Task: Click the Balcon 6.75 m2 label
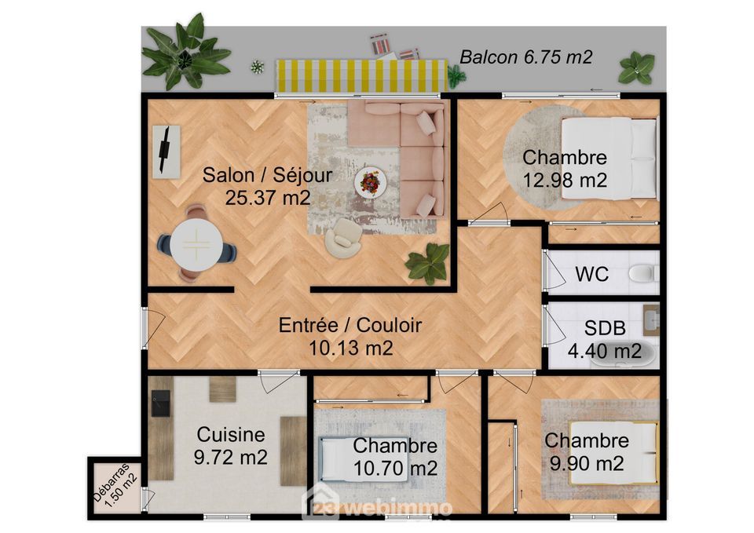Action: [525, 57]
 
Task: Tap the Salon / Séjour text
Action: [267, 175]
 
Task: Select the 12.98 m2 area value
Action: [565, 181]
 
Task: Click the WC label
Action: [592, 274]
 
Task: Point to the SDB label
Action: [605, 328]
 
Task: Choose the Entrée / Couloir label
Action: [350, 326]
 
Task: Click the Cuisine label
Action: [231, 434]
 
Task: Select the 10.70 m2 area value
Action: [395, 468]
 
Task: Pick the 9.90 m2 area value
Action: [587, 464]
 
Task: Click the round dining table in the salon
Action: [196, 244]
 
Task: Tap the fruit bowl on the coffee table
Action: [370, 182]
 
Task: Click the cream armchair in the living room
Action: [343, 237]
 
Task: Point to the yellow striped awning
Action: [361, 75]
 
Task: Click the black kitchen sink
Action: [161, 403]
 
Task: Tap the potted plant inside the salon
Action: [428, 262]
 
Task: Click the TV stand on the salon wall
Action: [167, 152]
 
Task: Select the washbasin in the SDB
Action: [651, 318]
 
